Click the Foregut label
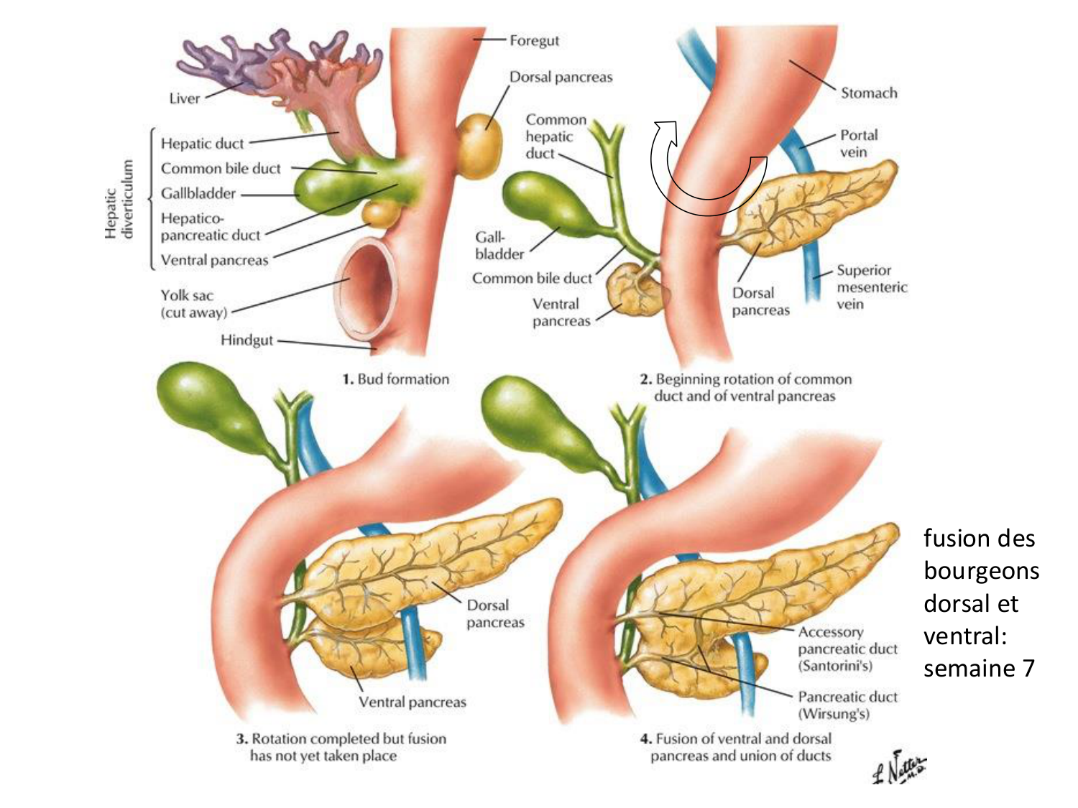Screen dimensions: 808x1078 534,41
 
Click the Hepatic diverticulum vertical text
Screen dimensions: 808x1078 119,199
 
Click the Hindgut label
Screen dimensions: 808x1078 247,340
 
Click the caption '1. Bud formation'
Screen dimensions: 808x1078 396,379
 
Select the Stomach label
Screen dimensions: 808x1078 869,93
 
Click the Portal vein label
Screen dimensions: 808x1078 858,144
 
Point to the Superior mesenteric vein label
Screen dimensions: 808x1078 871,287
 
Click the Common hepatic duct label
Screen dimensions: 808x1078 555,136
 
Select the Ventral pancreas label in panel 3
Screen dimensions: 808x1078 412,702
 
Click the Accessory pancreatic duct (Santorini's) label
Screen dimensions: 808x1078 847,649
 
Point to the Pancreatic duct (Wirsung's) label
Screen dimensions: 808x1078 847,705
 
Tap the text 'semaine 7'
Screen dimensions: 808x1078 979,669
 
